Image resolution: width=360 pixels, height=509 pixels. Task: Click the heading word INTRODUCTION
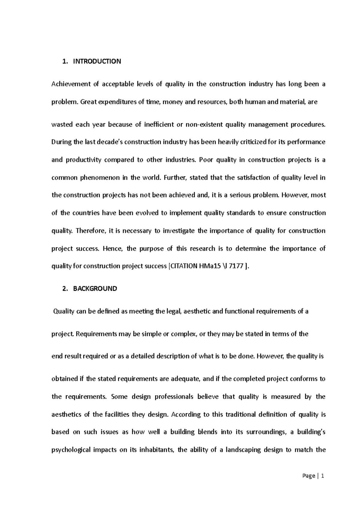(97, 61)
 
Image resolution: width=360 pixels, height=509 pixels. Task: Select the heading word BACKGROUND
(95, 289)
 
